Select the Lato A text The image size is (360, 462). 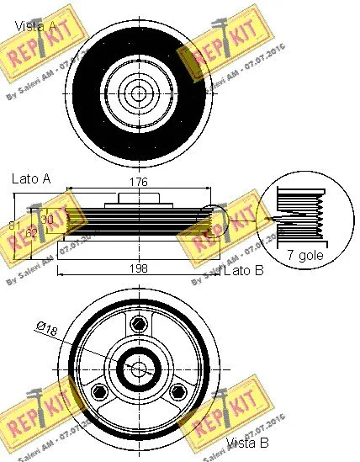click(30, 179)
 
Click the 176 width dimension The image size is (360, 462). click(139, 182)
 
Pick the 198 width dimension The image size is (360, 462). click(139, 268)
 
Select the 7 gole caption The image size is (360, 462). click(306, 252)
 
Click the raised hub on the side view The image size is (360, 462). click(138, 199)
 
